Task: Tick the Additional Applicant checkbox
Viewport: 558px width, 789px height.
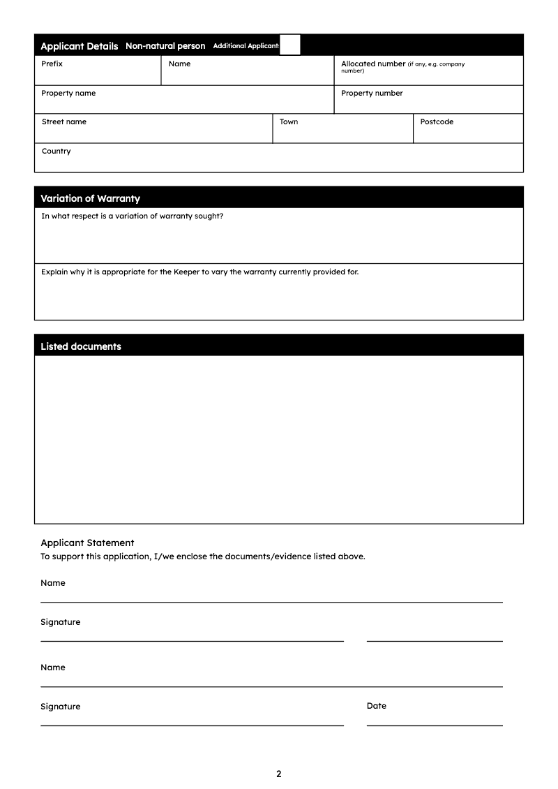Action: [290, 45]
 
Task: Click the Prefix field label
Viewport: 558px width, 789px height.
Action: [52, 64]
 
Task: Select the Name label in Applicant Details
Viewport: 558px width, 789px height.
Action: [179, 64]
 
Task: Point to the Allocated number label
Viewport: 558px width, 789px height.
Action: [372, 64]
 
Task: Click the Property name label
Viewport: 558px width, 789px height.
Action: [68, 94]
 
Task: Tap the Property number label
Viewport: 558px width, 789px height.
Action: [372, 94]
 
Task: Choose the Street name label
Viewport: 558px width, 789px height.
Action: [64, 122]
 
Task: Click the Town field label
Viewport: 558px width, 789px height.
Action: [289, 122]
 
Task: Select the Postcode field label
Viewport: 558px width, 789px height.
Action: [437, 122]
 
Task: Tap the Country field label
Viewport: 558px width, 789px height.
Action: [56, 152]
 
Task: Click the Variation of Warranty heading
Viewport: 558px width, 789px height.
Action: [90, 198]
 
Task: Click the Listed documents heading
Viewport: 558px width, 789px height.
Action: [81, 346]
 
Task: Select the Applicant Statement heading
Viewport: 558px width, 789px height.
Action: [87, 543]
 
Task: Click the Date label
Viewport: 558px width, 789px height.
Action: [377, 706]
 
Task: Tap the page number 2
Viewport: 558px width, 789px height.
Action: [279, 774]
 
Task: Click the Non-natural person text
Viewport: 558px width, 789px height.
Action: [165, 46]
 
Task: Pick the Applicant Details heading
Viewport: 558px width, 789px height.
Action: [80, 46]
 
